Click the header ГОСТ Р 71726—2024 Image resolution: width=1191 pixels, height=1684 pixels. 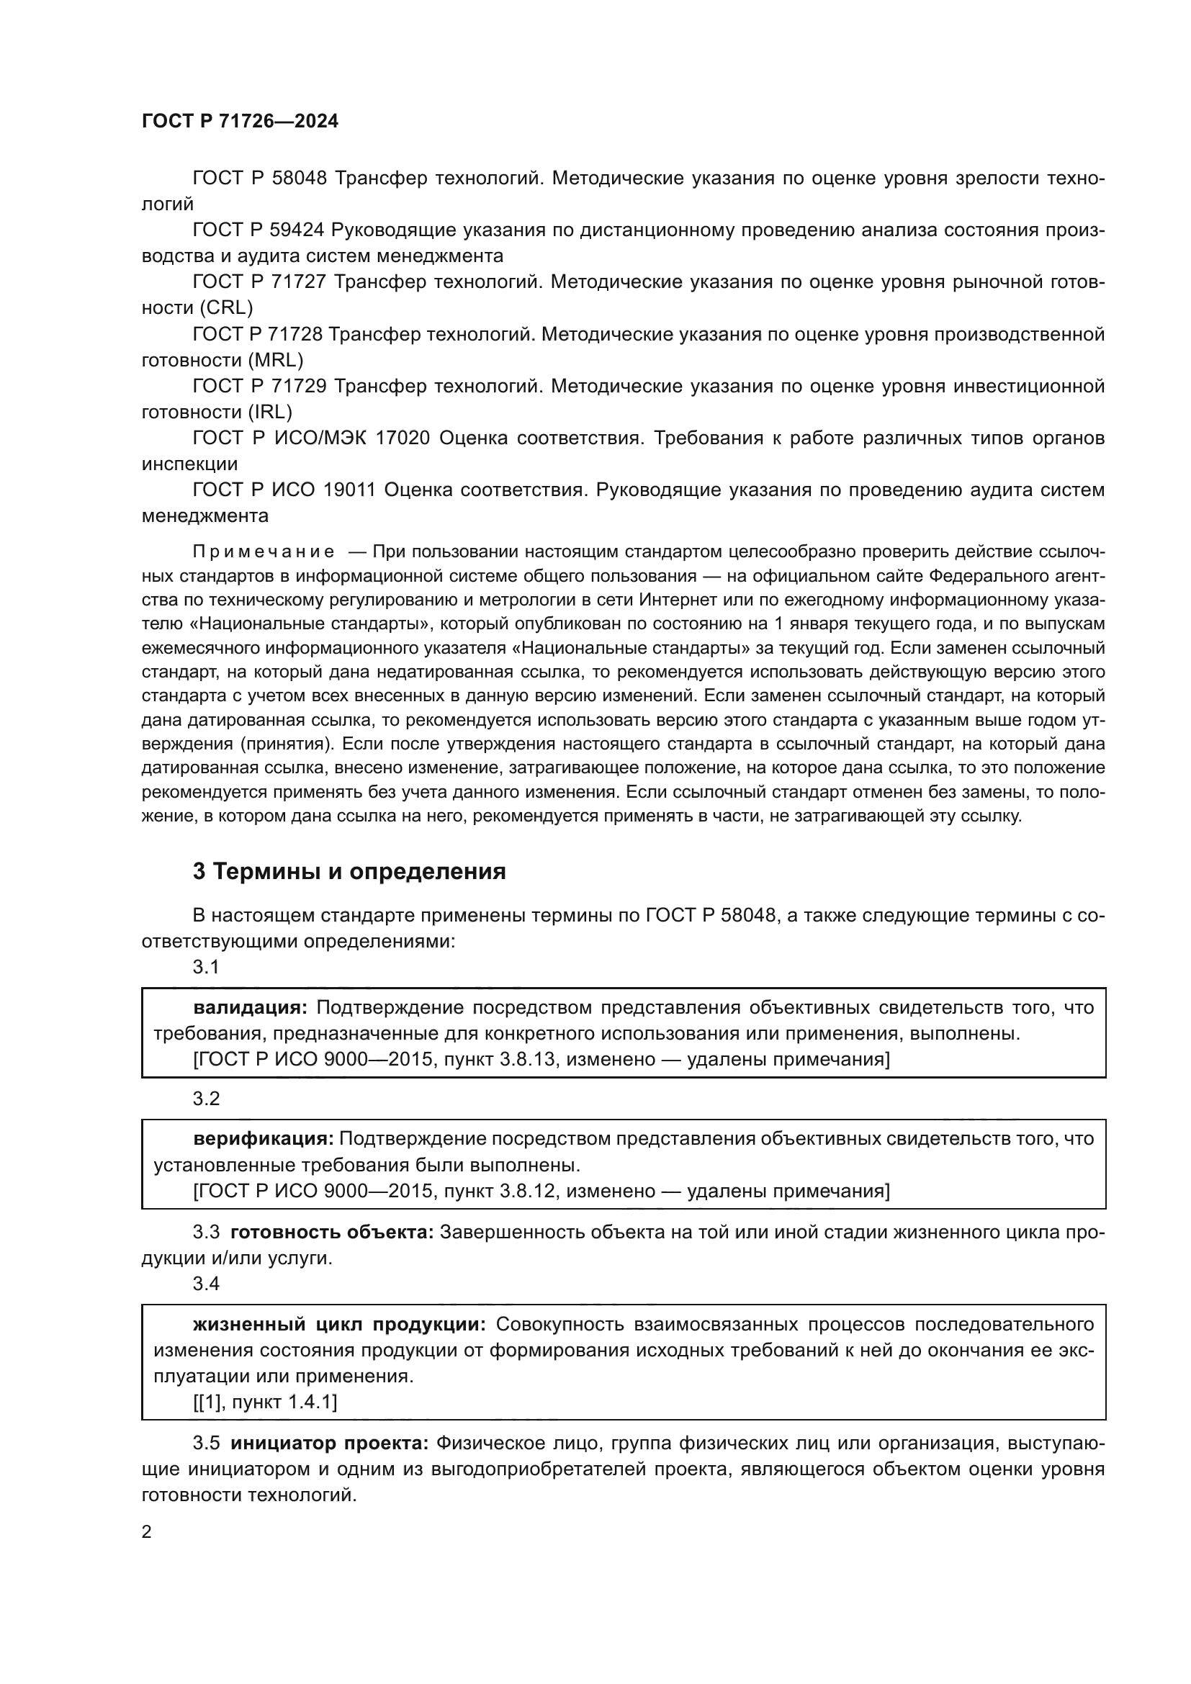tap(240, 121)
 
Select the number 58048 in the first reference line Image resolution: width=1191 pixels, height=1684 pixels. tap(300, 179)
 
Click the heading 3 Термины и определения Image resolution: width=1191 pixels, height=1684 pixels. tap(349, 871)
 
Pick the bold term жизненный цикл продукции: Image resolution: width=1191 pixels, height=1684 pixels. tap(339, 1324)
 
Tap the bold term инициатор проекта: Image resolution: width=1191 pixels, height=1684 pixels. tap(329, 1444)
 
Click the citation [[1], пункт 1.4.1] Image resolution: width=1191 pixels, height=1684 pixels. tap(265, 1402)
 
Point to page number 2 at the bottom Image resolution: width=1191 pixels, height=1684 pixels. tap(147, 1532)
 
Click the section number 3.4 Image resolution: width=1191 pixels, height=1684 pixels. tap(206, 1284)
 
